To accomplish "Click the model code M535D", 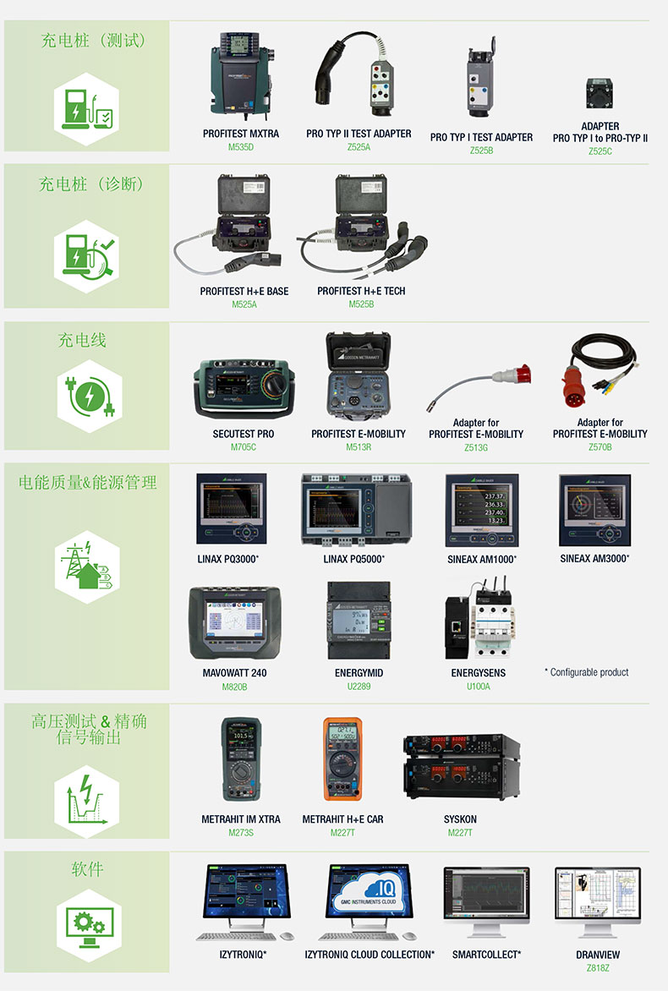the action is (241, 147).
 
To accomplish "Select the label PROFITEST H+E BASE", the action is (244, 292).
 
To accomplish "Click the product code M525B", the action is (362, 304).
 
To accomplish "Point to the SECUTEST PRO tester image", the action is (244, 388).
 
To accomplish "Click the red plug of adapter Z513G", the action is (512, 375).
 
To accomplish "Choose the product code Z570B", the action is (600, 446).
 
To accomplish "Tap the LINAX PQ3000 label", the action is (228, 559).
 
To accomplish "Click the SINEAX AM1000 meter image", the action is (482, 510).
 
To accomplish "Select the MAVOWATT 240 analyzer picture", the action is (234, 623).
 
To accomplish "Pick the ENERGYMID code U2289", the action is (359, 687).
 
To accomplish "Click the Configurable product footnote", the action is (587, 672).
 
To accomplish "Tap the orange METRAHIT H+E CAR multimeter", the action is (342, 758).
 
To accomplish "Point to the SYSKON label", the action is (460, 819).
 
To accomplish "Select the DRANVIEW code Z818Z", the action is (598, 967).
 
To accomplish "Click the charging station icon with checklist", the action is (87, 109).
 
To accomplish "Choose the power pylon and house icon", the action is (87, 567).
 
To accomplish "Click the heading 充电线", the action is (82, 340).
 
